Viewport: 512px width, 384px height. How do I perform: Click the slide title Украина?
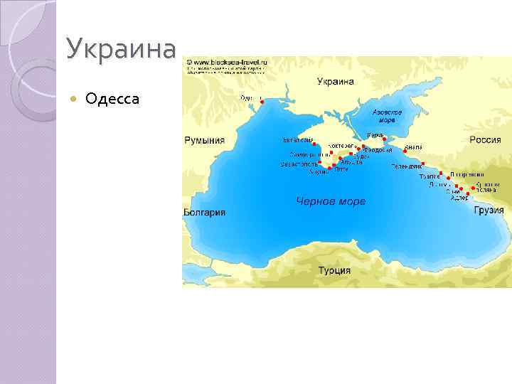click(x=120, y=49)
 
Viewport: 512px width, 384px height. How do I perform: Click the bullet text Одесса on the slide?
click(x=112, y=98)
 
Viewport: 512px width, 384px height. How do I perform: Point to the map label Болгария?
click(x=204, y=212)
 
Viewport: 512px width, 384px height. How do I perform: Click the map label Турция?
click(x=334, y=270)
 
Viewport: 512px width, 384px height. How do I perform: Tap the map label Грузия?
click(x=489, y=210)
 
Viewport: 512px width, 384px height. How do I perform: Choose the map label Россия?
click(x=486, y=140)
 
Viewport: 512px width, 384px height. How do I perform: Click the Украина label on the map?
click(x=335, y=82)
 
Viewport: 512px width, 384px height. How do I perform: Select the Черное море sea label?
click(x=331, y=201)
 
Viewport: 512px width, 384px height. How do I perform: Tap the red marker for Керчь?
click(x=384, y=139)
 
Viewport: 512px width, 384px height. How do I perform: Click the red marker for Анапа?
click(x=405, y=151)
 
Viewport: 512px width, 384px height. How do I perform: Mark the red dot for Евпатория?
click(x=314, y=144)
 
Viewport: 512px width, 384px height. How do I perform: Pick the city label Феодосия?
click(x=378, y=150)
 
